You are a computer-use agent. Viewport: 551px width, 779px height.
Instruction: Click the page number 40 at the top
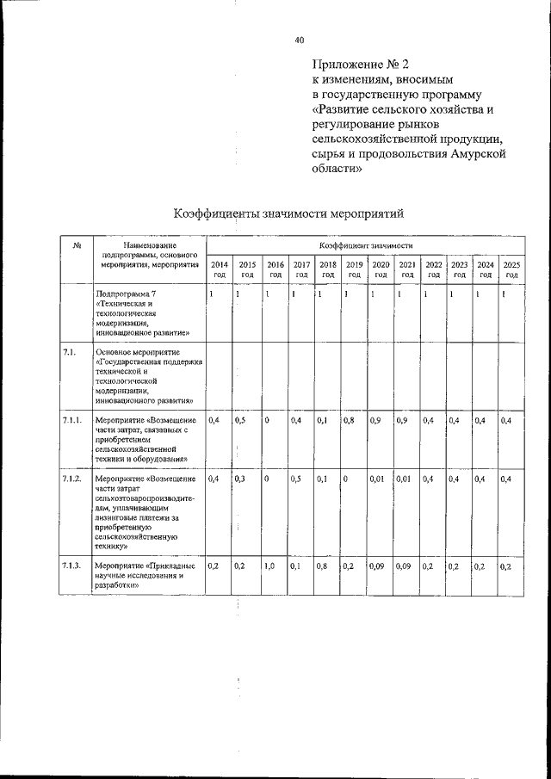coord(299,40)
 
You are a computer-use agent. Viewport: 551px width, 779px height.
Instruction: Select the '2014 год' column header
coord(220,269)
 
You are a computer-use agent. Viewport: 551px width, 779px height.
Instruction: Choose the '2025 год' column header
coord(511,269)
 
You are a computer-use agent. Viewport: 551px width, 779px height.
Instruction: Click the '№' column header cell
coord(77,246)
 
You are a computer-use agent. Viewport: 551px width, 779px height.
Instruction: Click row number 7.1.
coord(70,352)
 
